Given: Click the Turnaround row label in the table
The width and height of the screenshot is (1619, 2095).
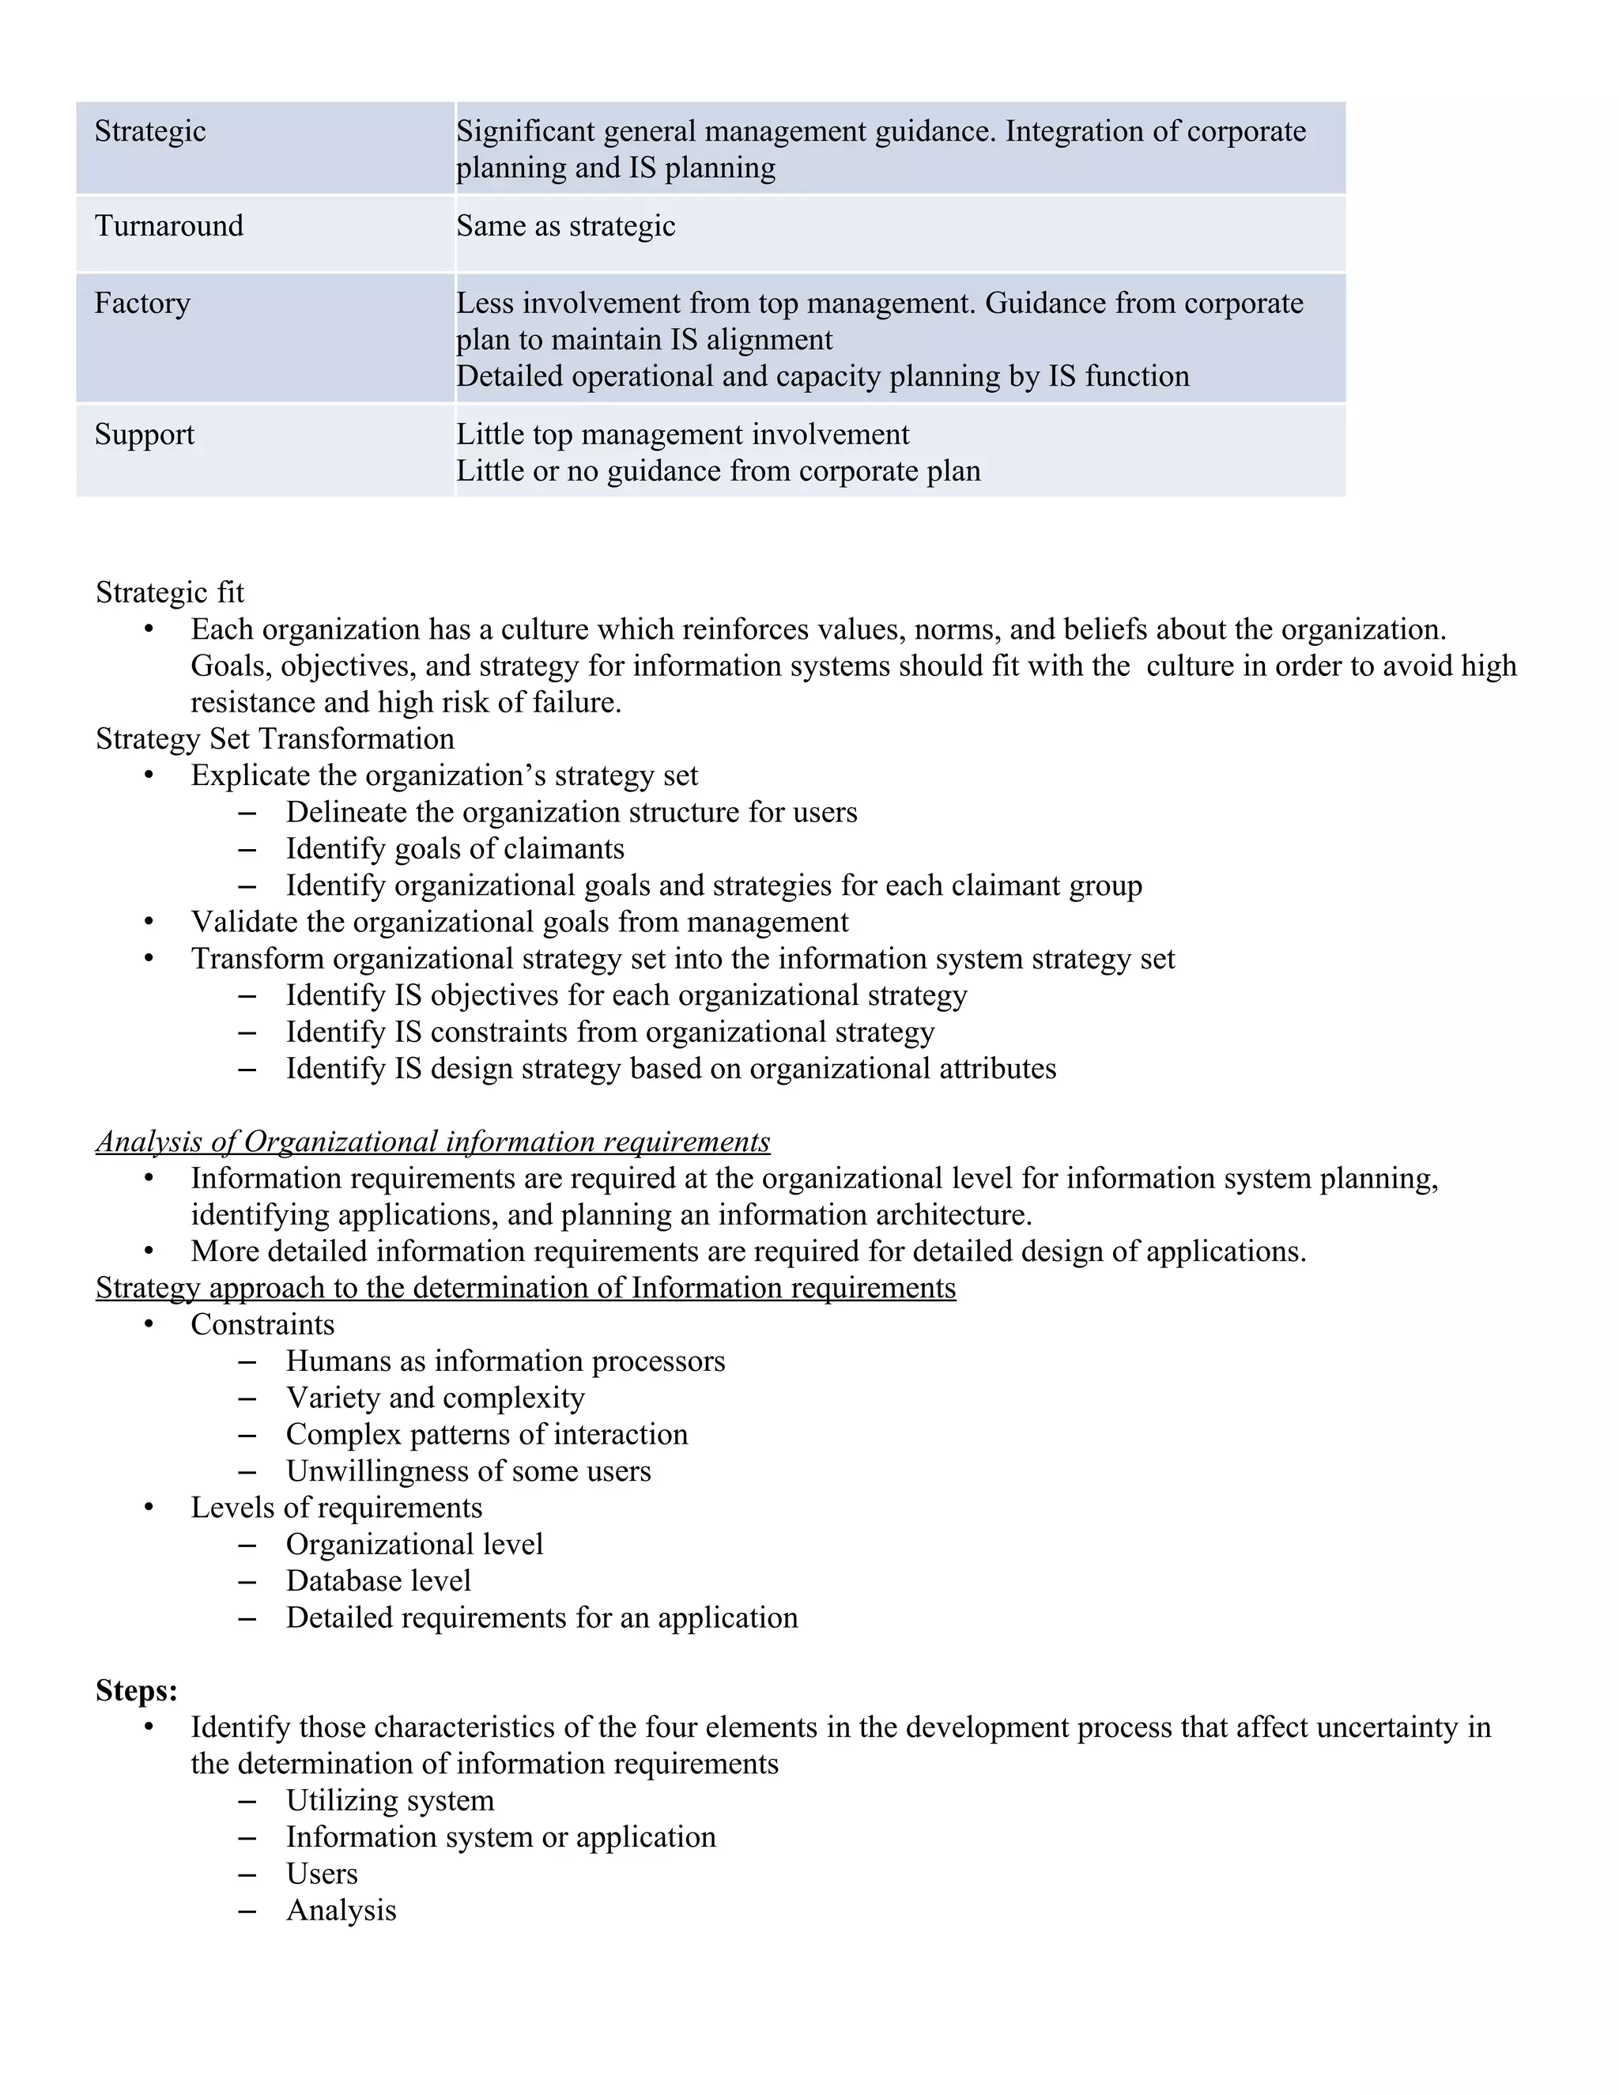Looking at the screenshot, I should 169,226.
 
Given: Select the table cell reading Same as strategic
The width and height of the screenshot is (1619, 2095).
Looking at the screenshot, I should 565,226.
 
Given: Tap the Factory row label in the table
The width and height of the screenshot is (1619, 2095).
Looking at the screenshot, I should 142,303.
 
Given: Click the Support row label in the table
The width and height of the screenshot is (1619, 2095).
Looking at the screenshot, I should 144,435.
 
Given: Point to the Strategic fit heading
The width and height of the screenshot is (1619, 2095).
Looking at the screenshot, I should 170,593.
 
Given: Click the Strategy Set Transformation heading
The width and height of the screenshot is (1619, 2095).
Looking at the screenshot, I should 274,738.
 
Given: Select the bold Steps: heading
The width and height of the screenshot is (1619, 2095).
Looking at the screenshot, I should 136,1690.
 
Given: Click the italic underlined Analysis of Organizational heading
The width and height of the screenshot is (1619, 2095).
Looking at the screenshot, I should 432,1142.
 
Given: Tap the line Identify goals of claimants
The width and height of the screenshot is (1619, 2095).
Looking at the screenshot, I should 455,849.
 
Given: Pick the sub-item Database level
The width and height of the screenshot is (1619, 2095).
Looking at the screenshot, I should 378,1581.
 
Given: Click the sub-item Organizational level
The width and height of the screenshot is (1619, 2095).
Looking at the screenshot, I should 414,1545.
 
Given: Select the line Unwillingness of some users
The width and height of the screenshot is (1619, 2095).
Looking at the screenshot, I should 468,1471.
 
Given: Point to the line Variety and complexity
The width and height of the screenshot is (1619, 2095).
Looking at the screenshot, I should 435,1398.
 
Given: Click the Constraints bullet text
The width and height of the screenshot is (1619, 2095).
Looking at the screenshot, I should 262,1325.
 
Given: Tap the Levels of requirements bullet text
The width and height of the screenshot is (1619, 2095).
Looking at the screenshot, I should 336,1508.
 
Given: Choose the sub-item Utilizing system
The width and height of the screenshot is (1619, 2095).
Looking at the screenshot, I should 390,1800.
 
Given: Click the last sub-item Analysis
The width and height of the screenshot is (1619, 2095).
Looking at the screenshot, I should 341,1910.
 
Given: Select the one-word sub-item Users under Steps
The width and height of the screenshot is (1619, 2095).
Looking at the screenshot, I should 321,1874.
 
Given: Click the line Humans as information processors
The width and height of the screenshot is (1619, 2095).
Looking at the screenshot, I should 505,1361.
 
